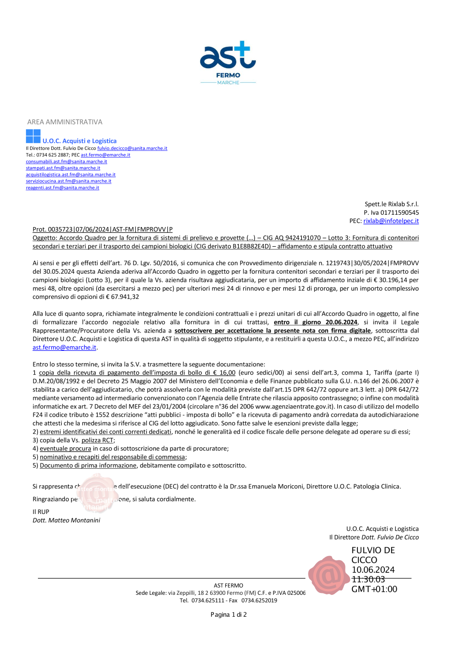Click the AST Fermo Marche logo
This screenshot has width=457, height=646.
coord(228,63)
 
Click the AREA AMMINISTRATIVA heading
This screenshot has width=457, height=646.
coord(65,122)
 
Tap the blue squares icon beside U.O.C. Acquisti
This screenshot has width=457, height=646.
coord(33,136)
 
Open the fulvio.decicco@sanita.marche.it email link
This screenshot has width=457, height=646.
coord(132,148)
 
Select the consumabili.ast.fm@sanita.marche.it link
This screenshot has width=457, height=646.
coord(66,162)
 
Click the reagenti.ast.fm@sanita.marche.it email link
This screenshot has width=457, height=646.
coord(63,188)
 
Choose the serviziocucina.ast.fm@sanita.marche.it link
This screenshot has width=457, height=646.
coord(69,181)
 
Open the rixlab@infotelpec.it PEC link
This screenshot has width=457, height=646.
coord(391,221)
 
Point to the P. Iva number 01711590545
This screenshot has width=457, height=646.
coord(400,212)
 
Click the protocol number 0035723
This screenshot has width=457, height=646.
coord(60,229)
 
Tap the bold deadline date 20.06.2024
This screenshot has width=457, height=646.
coord(341,322)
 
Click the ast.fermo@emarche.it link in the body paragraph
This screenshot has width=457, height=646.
coord(64,348)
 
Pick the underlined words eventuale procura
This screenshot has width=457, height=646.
coord(65,449)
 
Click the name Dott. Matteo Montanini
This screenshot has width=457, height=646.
coord(66,520)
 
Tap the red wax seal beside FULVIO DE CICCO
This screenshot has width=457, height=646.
coord(328,575)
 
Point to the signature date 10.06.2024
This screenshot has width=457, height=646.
coord(373,570)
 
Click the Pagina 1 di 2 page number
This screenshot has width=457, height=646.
coord(228,614)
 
